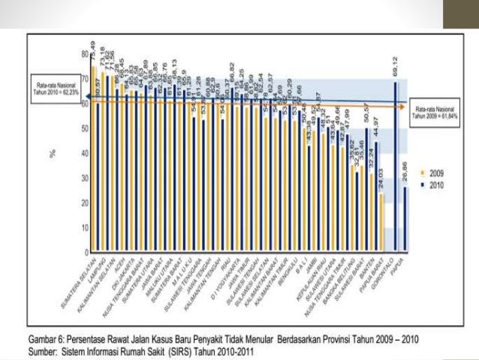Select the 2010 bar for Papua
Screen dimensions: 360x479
(406, 218)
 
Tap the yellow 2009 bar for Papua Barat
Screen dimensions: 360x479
(381, 222)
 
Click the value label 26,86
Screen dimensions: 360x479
(406, 168)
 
